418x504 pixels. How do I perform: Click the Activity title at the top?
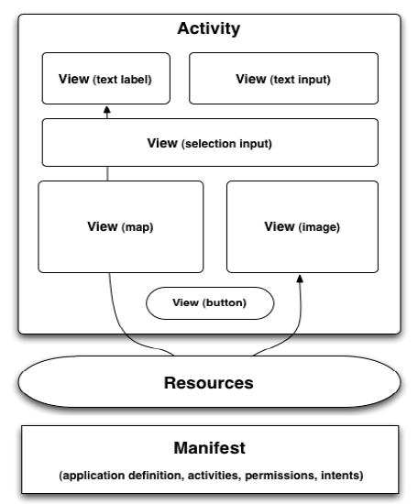[209, 29]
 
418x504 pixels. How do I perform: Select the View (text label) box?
[106, 79]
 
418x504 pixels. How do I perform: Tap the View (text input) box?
[283, 79]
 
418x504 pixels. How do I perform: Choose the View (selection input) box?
[210, 142]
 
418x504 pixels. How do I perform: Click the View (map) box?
[121, 227]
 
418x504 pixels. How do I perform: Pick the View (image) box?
[302, 227]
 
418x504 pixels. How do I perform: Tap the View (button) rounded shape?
[210, 303]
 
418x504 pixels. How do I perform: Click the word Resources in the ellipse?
[209, 383]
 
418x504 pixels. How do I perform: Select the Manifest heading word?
[210, 448]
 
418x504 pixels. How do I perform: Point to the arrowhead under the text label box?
[107, 110]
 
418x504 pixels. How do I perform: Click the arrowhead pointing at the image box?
[300, 279]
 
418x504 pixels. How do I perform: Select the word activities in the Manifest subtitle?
[214, 476]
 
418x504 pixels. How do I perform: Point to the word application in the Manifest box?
[92, 476]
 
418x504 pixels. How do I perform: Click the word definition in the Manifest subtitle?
[156, 476]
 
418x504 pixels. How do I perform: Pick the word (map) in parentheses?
[137, 227]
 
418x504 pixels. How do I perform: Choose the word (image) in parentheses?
[319, 227]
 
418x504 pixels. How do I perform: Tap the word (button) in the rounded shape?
[224, 303]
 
